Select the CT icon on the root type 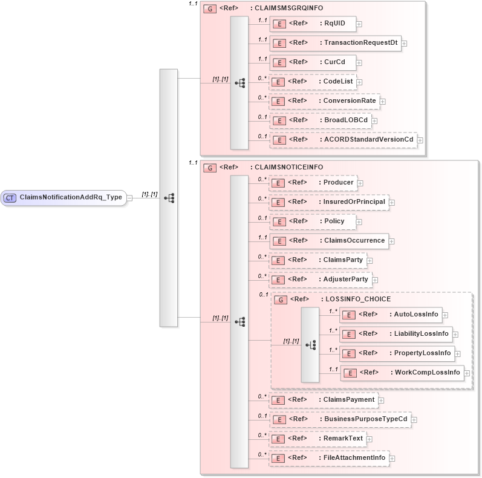coord(10,197)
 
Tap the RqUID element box coord(312,24)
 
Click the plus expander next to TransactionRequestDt coord(404,44)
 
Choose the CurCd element coord(312,62)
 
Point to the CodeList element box coord(312,82)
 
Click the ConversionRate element coord(324,101)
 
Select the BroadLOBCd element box coord(320,120)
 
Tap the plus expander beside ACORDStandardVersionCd coord(420,140)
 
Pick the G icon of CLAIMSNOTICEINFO coord(210,168)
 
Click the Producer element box coord(313,182)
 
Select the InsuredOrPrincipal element coord(328,201)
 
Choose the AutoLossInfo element coord(390,314)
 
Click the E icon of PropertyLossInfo coord(348,353)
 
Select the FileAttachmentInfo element coord(328,458)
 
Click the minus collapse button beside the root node coord(129,197)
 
